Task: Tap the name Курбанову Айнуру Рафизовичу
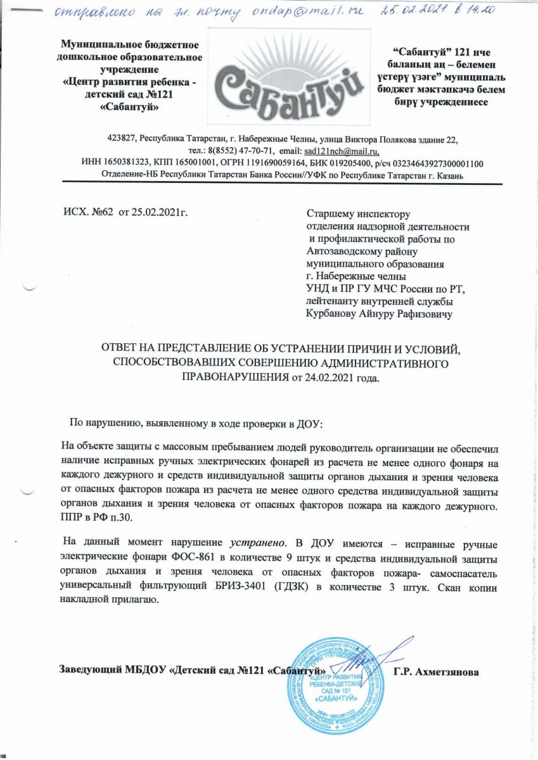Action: (x=380, y=313)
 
